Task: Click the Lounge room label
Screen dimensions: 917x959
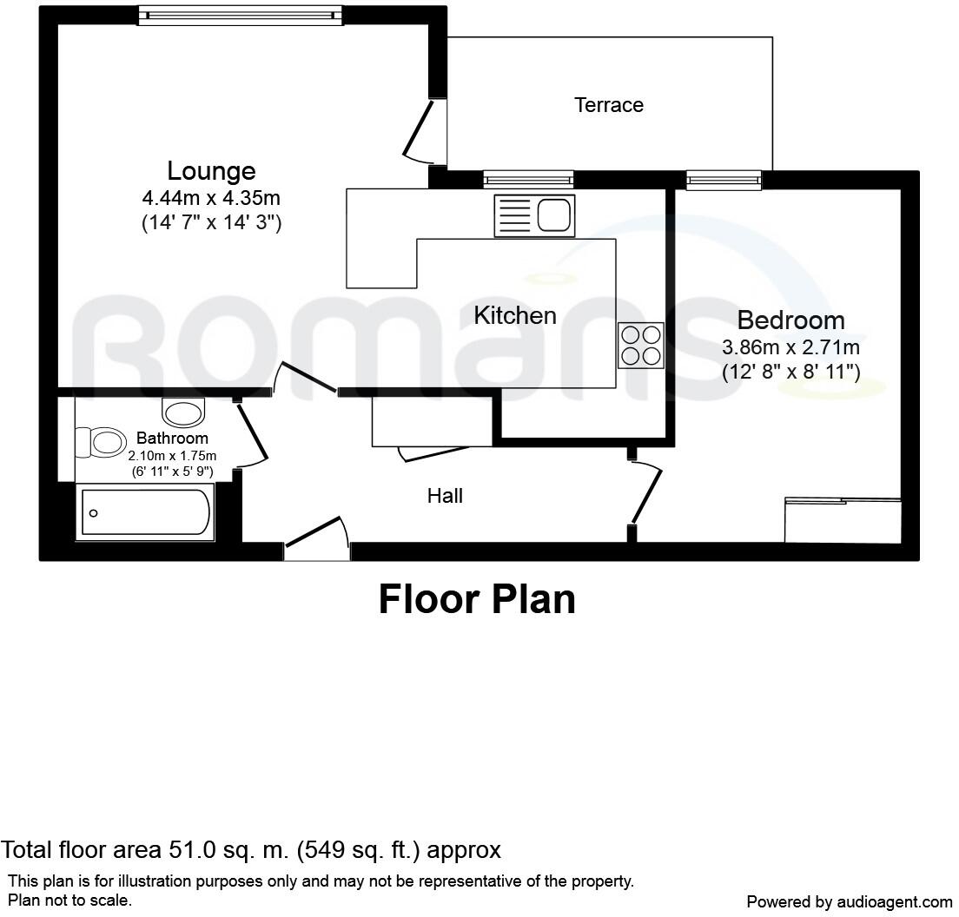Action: click(211, 170)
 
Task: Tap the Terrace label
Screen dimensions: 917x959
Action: click(609, 105)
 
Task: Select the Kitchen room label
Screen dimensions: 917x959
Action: click(515, 315)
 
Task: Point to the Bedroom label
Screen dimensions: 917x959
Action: click(790, 320)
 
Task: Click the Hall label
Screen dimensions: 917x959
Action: click(445, 496)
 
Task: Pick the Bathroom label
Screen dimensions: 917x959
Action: click(172, 439)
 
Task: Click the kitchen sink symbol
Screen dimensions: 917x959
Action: click(534, 214)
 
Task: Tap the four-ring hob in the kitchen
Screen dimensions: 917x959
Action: click(640, 345)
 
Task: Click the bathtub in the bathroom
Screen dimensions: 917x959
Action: click(145, 512)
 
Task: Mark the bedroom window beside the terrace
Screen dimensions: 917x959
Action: click(724, 180)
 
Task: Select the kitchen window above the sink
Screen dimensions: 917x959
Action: click(528, 180)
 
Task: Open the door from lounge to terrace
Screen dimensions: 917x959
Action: click(422, 132)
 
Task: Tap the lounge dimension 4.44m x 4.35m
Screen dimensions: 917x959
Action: click(211, 198)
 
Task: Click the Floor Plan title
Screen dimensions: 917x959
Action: click(477, 599)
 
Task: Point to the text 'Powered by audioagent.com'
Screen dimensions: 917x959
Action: click(849, 901)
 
